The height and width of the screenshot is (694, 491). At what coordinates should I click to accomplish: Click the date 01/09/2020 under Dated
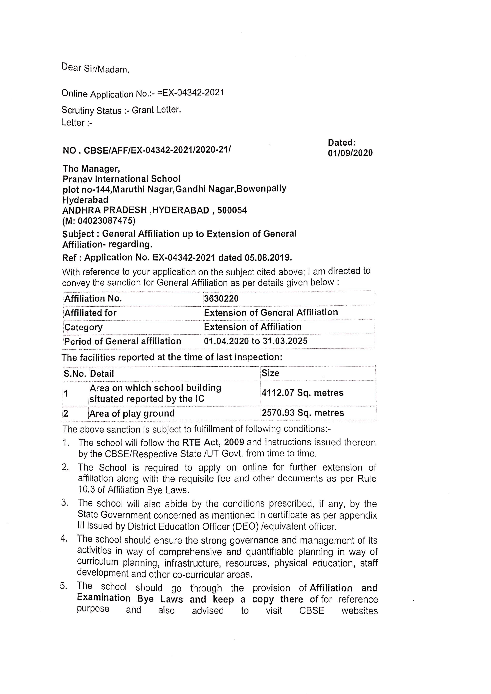pos(350,153)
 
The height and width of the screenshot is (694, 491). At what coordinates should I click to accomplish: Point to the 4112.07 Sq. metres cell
pos(302,393)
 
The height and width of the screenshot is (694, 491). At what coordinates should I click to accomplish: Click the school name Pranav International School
pos(121,179)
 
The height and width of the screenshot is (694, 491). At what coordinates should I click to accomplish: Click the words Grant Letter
pos(156,110)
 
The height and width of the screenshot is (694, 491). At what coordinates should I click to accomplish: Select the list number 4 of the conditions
pos(64,539)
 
